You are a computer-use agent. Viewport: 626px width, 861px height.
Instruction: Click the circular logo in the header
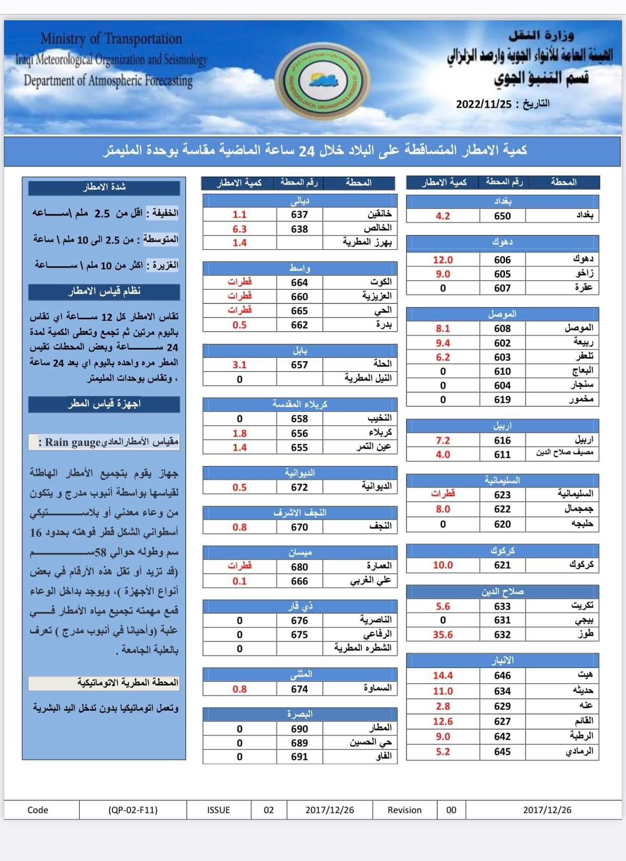click(323, 82)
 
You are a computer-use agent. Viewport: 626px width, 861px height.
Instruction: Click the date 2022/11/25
click(483, 104)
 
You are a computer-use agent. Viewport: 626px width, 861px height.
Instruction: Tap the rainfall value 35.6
click(443, 634)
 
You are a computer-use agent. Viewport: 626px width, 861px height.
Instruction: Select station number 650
click(502, 216)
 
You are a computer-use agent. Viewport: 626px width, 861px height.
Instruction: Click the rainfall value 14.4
click(443, 675)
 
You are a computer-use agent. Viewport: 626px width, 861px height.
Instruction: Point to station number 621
click(502, 565)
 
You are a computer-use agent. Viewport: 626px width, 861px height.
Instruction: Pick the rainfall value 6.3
click(239, 229)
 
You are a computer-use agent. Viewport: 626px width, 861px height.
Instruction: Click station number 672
click(300, 487)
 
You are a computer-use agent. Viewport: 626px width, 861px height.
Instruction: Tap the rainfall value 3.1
click(239, 364)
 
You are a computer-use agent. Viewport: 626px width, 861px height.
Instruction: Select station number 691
click(300, 757)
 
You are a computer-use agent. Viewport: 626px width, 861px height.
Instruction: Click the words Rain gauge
click(73, 442)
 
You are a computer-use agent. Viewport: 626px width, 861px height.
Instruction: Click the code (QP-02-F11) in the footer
click(133, 810)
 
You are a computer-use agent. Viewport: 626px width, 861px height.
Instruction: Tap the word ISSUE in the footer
click(218, 810)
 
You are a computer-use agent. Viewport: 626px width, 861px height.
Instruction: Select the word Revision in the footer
click(404, 810)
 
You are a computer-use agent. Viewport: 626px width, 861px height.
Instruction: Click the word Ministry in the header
click(63, 39)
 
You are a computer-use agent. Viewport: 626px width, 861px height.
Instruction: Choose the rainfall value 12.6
click(443, 721)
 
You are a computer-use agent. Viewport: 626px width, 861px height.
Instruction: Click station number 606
click(502, 259)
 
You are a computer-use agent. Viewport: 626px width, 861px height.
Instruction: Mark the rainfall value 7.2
click(443, 440)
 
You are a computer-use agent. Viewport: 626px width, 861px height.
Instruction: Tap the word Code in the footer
click(38, 810)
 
